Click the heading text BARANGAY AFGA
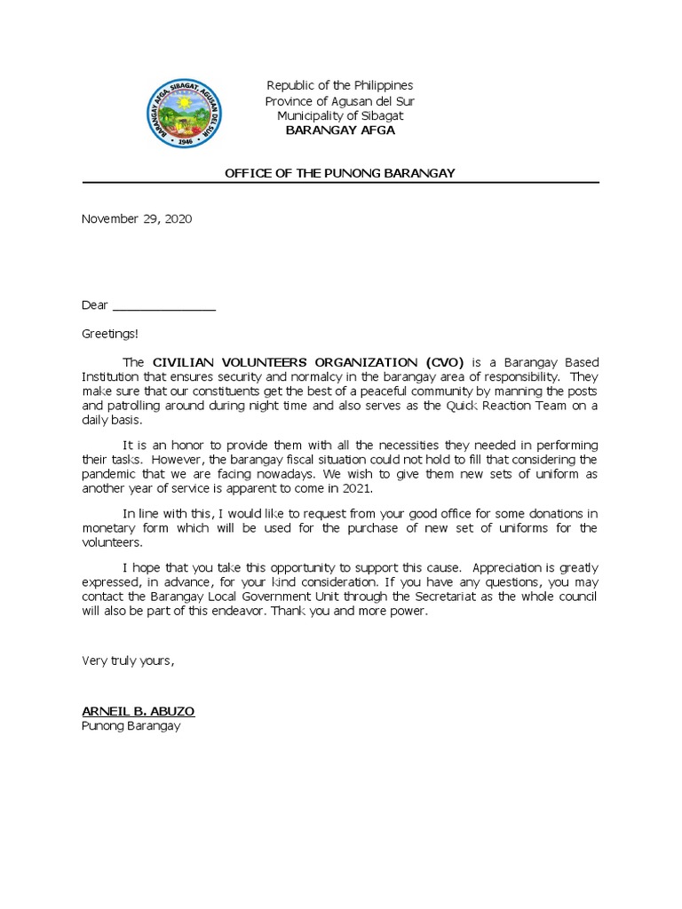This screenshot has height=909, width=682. point(340,130)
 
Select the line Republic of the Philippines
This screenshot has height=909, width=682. point(340,85)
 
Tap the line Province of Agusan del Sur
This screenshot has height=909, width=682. point(340,100)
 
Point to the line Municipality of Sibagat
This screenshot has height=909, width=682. point(340,115)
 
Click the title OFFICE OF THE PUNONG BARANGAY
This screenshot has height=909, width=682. point(340,173)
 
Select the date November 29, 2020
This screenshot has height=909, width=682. point(137,218)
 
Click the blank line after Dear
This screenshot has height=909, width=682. point(164,305)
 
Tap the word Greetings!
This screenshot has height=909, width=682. point(110,334)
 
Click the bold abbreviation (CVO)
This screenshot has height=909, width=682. point(444,363)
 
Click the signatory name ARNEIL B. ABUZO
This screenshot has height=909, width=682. point(138,712)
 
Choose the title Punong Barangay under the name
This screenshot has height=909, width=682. point(131,726)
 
